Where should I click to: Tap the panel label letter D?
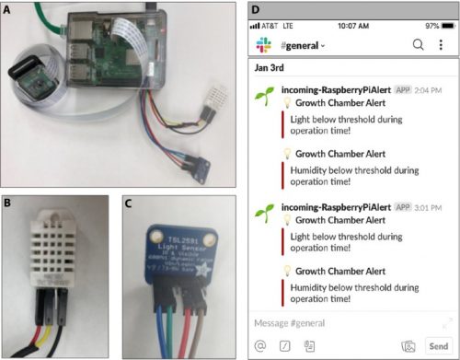pyautogui.click(x=256, y=9)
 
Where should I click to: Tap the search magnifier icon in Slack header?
pyautogui.click(x=418, y=44)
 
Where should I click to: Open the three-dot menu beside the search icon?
pyautogui.click(x=441, y=44)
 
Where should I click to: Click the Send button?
pyautogui.click(x=438, y=346)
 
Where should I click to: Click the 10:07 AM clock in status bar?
pyautogui.click(x=352, y=26)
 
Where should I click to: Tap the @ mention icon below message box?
pyautogui.click(x=262, y=346)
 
